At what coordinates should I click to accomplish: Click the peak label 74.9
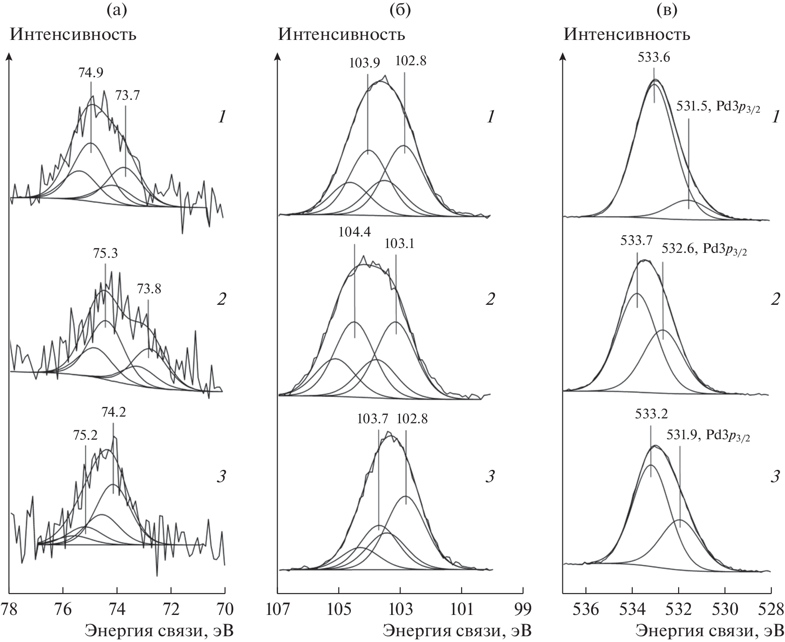point(91,73)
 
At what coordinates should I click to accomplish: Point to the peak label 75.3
point(105,253)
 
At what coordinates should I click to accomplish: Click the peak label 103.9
point(364,63)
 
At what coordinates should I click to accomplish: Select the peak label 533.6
point(654,57)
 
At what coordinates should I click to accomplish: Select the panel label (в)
point(667,10)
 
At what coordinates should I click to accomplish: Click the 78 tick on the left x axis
point(9,608)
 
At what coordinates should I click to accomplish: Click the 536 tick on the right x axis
point(586,608)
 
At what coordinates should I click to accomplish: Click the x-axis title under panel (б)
point(457,630)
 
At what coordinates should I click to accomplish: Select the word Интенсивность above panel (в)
point(627,34)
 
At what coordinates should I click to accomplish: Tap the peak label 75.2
point(86,435)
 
